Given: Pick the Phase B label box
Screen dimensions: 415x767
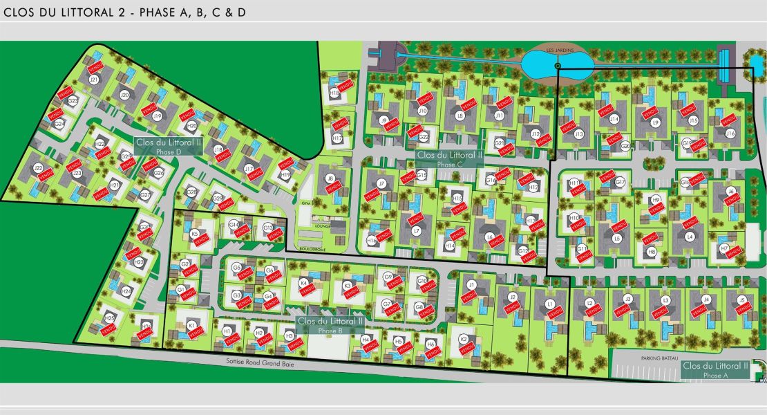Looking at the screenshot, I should (330, 325).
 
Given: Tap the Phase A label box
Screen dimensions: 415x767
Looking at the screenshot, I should (715, 369).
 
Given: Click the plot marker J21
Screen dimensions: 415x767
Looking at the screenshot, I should (94, 80).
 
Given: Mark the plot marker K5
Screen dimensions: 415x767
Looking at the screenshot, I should (194, 234).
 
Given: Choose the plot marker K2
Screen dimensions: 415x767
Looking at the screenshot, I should (464, 339).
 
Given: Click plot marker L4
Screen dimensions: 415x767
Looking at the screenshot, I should (690, 237).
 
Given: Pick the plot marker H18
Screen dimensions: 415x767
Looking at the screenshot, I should (334, 92).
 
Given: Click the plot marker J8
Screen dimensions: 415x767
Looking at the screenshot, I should (330, 178).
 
